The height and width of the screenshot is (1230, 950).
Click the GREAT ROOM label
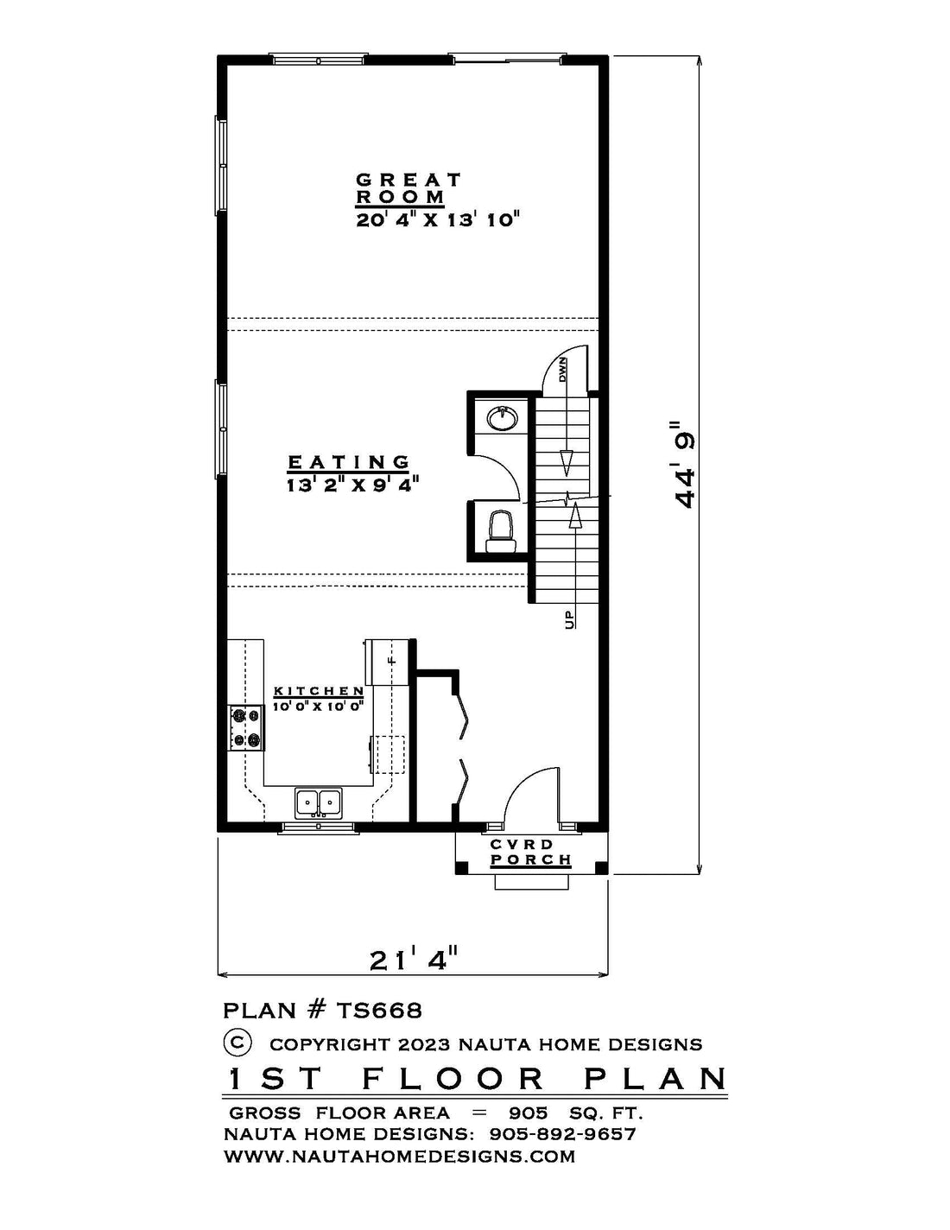(408, 188)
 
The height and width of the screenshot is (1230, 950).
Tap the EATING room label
(349, 462)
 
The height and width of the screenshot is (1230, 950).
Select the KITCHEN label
(319, 691)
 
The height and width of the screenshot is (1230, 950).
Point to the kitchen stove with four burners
(246, 728)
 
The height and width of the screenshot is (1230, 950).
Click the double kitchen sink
(318, 802)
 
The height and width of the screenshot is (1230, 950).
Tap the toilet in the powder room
(501, 531)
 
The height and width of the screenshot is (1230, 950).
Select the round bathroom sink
(502, 418)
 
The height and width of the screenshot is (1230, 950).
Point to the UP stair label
(569, 620)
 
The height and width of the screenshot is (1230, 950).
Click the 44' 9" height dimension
(683, 465)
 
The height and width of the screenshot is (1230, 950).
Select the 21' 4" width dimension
(414, 960)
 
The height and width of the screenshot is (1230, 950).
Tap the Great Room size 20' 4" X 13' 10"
(437, 219)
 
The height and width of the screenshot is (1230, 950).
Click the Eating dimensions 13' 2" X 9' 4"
(352, 485)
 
